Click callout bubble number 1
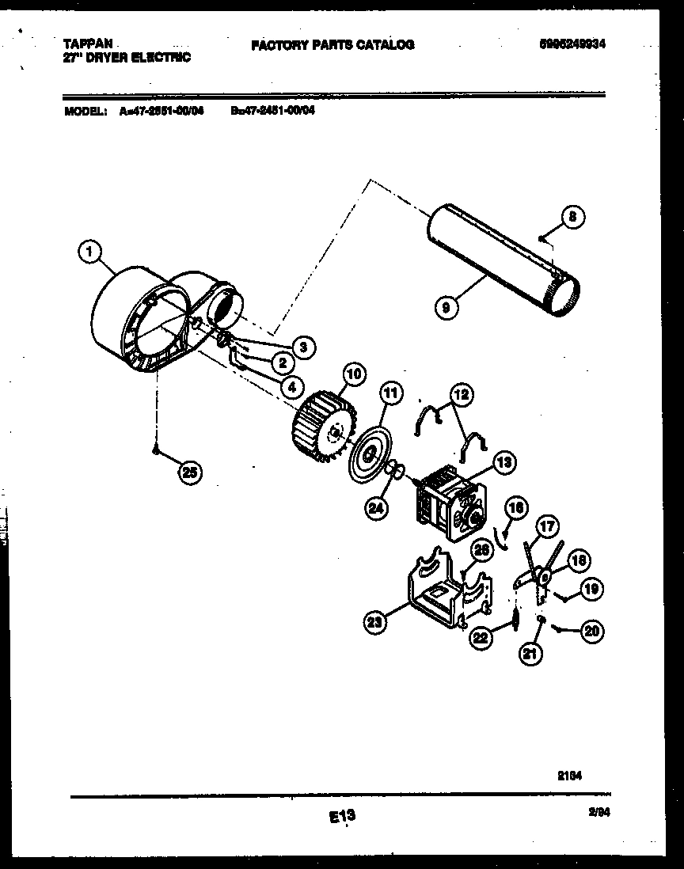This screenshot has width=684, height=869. [89, 252]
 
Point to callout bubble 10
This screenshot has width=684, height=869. [353, 374]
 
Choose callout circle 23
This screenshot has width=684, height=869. [376, 623]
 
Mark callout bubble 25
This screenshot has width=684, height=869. [188, 472]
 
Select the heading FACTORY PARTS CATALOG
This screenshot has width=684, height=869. [332, 45]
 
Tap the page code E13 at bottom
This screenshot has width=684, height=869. [340, 816]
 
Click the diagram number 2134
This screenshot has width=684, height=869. [569, 776]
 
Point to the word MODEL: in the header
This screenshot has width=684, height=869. [85, 112]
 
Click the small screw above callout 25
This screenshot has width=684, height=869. [158, 450]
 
